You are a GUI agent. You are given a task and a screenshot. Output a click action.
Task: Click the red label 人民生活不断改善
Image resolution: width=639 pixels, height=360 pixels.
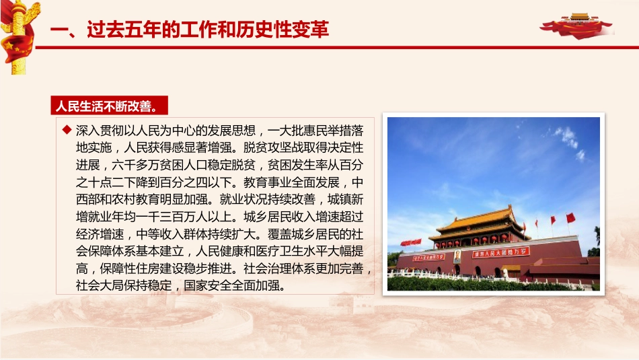(x=108, y=106)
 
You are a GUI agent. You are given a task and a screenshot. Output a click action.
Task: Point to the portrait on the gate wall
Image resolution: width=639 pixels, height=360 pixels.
(x=458, y=256)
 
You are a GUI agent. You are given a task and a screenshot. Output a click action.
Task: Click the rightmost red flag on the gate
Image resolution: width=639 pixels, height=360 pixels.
(x=571, y=217)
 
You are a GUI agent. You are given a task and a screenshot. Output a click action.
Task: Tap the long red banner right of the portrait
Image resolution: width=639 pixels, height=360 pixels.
(x=500, y=252)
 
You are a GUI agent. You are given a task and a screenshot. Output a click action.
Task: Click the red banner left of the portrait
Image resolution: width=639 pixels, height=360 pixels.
(x=428, y=256)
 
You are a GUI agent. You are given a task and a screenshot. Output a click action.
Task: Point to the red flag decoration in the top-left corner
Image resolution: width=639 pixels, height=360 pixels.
(x=16, y=34)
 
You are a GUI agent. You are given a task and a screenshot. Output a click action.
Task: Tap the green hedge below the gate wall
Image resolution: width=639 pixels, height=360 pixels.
(x=471, y=283)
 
